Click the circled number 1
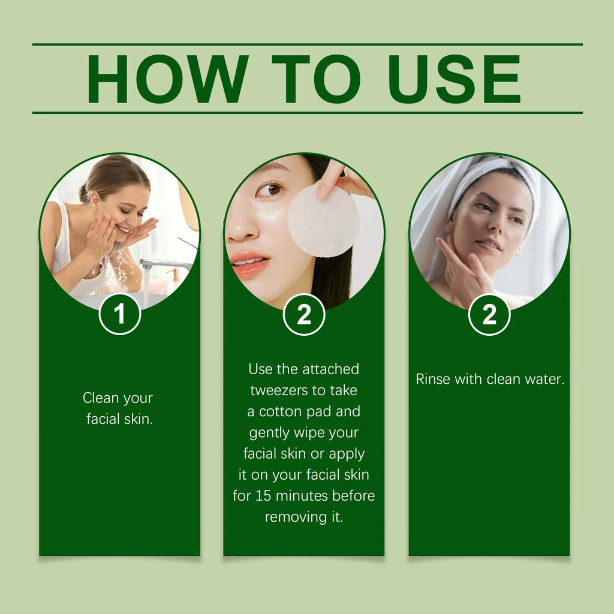[x=120, y=314]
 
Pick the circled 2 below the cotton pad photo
[x=304, y=314]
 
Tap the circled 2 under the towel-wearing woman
[x=489, y=314]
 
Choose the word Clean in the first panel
[x=101, y=398]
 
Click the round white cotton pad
[x=323, y=221]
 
